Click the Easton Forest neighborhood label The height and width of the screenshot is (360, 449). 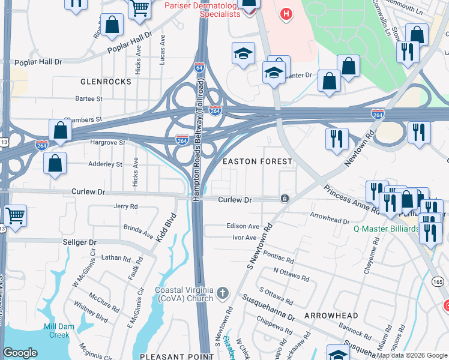coord(258,162)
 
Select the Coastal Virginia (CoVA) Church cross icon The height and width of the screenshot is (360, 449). coord(223,293)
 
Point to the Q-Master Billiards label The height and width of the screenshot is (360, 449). coord(385,229)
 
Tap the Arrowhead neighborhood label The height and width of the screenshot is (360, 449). coord(331,316)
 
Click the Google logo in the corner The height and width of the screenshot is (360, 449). coord(20,353)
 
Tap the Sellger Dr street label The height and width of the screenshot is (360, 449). coord(79,242)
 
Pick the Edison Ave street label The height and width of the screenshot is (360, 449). coord(243,227)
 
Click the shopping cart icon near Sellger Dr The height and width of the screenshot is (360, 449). coord(14,215)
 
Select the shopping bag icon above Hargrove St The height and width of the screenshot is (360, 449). coord(60,130)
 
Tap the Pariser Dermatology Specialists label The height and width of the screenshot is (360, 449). coord(202,8)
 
